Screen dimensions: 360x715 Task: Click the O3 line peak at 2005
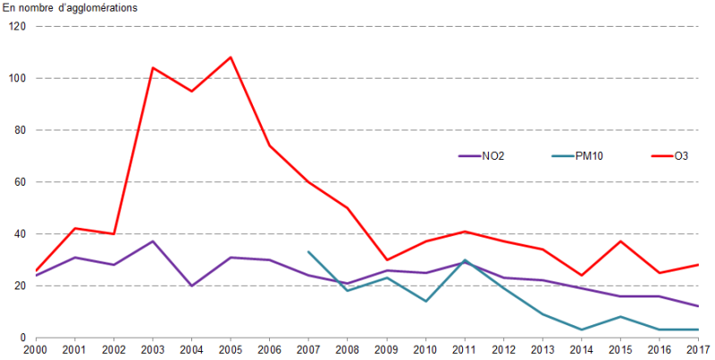click(x=231, y=57)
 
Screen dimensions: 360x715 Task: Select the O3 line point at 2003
click(x=154, y=68)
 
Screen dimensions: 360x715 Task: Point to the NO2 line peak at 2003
click(x=154, y=241)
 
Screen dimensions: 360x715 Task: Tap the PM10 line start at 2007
click(x=308, y=252)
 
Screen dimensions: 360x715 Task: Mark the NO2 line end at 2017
click(x=697, y=306)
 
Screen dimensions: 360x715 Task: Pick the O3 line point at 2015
click(x=619, y=241)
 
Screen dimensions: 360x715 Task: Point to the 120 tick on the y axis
click(x=17, y=27)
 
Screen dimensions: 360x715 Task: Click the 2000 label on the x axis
click(x=36, y=349)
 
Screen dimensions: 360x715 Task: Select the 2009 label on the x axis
click(x=386, y=349)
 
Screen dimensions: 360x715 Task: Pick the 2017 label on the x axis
click(x=697, y=349)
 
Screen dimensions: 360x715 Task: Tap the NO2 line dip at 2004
click(x=192, y=286)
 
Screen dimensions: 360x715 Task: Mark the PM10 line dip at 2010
click(x=425, y=301)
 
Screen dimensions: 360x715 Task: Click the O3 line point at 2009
click(x=386, y=260)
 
